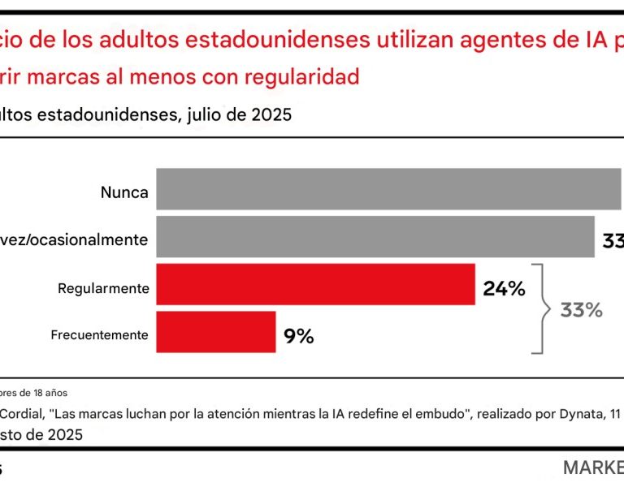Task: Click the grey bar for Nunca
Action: [388, 189]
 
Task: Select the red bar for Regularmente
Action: [315, 284]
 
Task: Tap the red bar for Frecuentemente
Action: [215, 332]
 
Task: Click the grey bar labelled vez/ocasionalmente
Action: [375, 237]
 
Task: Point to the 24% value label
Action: [504, 287]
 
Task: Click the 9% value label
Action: [298, 334]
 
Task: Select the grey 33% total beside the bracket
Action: [581, 310]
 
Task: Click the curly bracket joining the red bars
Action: [539, 309]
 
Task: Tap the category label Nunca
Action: [124, 193]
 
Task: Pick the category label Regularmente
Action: [103, 288]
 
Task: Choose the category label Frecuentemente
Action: [99, 334]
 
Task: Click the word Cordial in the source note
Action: [19, 413]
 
